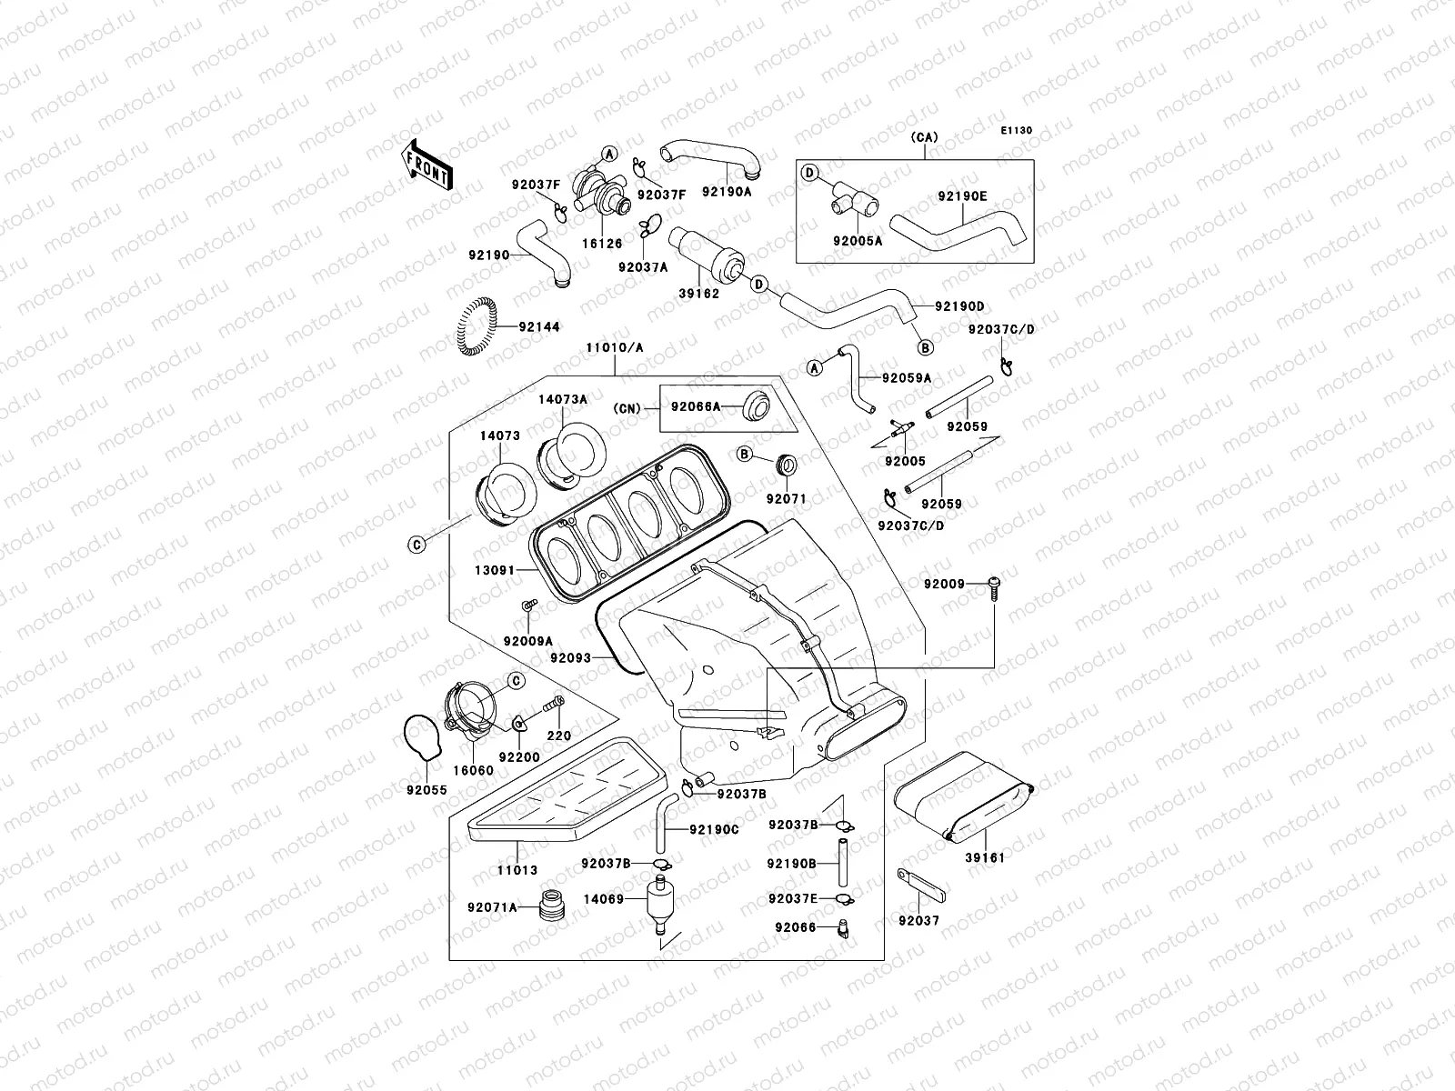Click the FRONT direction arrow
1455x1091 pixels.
tap(426, 165)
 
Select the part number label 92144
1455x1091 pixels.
tap(539, 326)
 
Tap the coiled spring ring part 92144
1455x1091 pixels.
tap(476, 325)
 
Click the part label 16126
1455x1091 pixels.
tap(602, 244)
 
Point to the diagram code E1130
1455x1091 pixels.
tap(1016, 131)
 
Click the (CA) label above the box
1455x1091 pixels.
tap(924, 137)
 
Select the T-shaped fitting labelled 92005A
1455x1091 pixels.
tap(854, 198)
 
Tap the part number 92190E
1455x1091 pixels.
tap(962, 196)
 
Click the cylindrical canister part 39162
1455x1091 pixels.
tap(706, 254)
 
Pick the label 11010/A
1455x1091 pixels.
tap(615, 348)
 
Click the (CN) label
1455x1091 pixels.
tap(627, 409)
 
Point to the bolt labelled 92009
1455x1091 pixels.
tap(994, 588)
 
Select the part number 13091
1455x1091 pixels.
tap(495, 570)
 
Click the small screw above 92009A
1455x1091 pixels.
tap(529, 605)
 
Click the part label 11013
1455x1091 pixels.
tap(517, 870)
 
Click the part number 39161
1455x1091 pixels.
tap(984, 858)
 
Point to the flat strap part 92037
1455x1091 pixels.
tap(921, 886)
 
